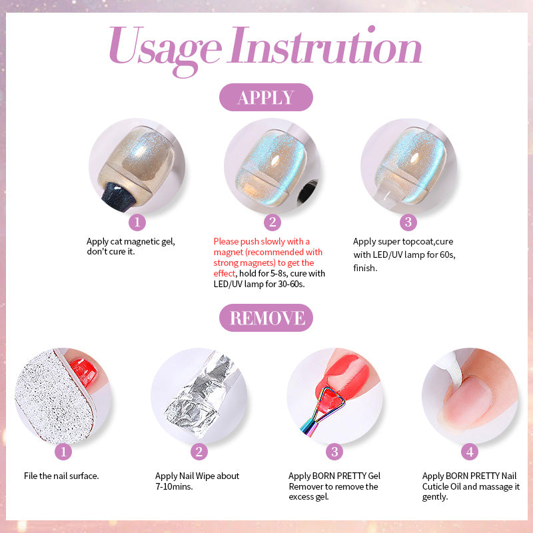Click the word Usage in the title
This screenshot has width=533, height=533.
(165, 49)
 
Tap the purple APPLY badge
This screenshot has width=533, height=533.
(266, 97)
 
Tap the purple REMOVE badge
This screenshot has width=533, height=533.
(266, 318)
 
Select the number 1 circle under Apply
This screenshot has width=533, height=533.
(137, 223)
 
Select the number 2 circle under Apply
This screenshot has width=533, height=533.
(272, 223)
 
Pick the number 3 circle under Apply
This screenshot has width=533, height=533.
(408, 223)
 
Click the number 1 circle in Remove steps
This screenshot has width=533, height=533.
(63, 452)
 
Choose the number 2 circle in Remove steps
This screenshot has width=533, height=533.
(199, 452)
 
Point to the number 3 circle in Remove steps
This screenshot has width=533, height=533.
(334, 452)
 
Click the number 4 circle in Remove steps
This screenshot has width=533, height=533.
(470, 452)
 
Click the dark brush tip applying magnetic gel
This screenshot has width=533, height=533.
(119, 197)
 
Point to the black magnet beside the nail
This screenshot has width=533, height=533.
(307, 192)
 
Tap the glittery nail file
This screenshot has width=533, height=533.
(55, 396)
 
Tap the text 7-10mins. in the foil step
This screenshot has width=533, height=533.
(174, 486)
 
